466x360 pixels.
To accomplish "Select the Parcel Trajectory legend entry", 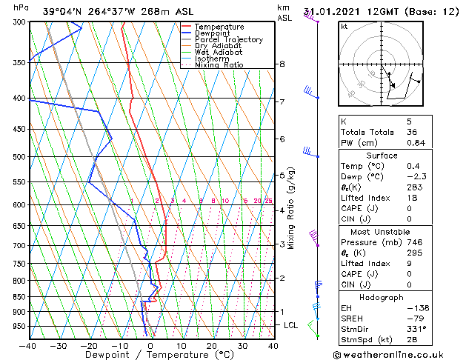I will point(228,40).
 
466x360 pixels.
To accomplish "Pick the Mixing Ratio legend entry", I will point(219,65).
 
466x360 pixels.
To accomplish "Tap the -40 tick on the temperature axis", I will point(28,345).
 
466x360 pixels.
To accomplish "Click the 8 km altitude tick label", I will point(282,64).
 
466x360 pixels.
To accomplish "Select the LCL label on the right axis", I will point(291,325).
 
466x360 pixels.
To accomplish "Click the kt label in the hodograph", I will point(344,26).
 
